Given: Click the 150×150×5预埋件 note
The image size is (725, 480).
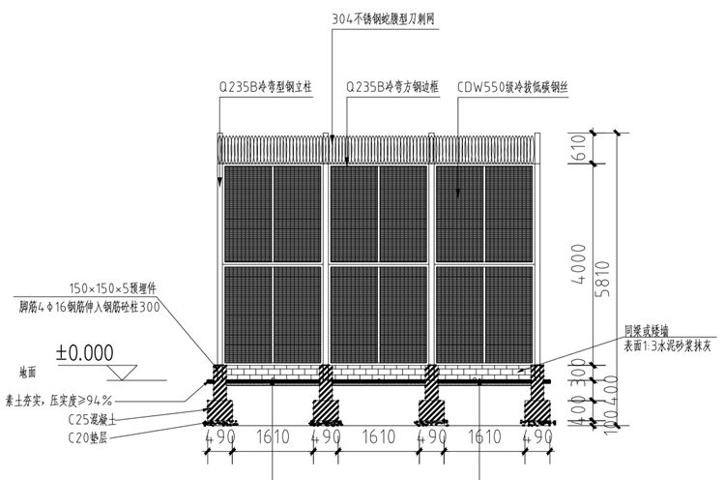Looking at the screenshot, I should [113, 287].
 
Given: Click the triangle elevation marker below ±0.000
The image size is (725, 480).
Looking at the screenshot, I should [123, 372].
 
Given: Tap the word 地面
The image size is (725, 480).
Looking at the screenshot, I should [30, 371].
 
